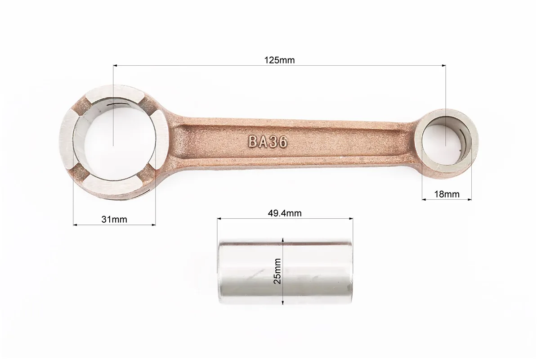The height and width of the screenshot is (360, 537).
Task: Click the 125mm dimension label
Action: tap(279, 60)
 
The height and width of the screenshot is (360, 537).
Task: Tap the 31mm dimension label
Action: tap(114, 219)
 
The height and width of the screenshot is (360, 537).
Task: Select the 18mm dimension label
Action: tap(447, 194)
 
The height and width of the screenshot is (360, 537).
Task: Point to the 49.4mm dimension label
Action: tap(285, 213)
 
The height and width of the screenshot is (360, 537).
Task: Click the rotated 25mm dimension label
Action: tap(277, 271)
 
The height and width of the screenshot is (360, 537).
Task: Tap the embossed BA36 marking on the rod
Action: tap(268, 141)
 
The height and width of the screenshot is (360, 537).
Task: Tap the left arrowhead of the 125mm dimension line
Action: tap(116, 65)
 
